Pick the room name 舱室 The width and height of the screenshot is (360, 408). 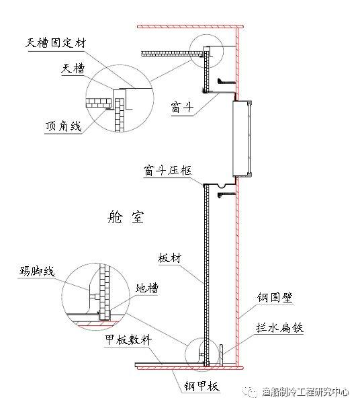(126, 218)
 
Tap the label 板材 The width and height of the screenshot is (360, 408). (168, 257)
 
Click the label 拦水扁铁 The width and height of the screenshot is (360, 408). (281, 329)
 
